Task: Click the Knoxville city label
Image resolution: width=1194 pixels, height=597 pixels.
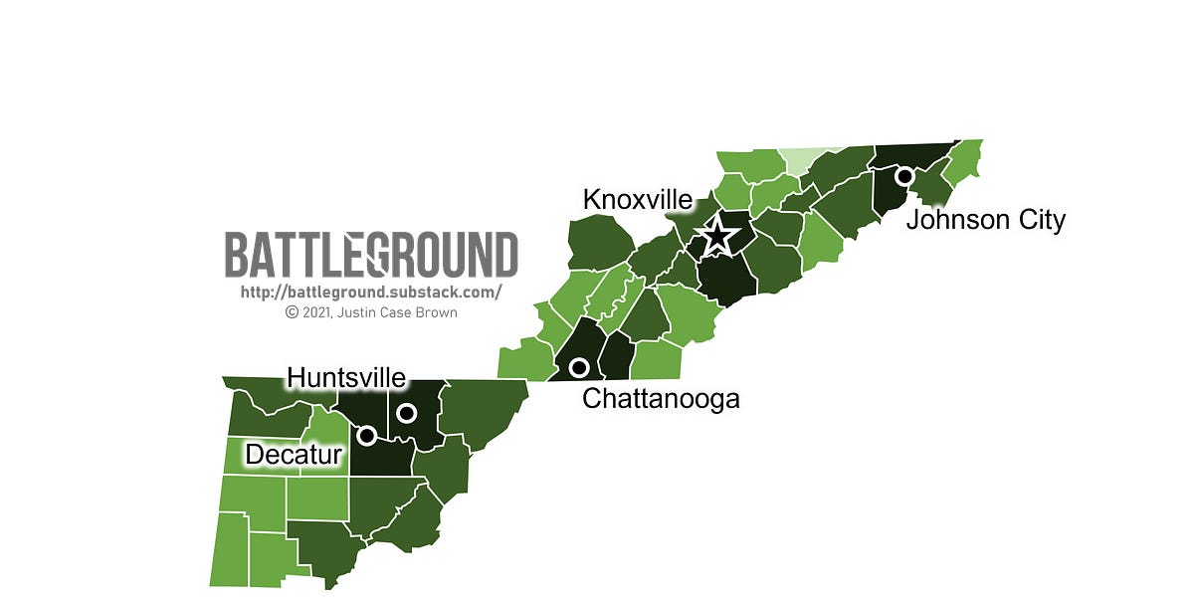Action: click(x=637, y=199)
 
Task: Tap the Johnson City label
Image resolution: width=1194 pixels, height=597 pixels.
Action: click(x=985, y=219)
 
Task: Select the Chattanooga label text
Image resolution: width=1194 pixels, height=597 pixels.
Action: click(x=661, y=399)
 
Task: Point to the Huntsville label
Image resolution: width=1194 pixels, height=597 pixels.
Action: click(x=346, y=378)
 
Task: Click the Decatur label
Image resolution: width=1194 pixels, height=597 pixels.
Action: click(x=294, y=455)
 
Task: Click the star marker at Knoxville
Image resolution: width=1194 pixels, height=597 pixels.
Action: click(x=716, y=236)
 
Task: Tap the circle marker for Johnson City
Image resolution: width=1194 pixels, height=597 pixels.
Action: click(x=904, y=176)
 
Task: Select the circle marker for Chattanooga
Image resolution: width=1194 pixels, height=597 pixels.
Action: click(x=578, y=369)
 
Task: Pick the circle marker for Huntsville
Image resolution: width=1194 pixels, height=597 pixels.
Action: click(x=406, y=412)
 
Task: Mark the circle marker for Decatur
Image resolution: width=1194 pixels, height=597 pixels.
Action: click(x=366, y=435)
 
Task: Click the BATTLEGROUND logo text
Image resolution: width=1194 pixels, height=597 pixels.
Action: click(x=371, y=255)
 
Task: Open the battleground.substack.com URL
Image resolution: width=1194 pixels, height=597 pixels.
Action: click(x=371, y=293)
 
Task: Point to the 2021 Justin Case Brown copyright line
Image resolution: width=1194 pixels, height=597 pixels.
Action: click(x=371, y=311)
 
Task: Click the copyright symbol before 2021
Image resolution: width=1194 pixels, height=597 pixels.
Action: click(x=292, y=311)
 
